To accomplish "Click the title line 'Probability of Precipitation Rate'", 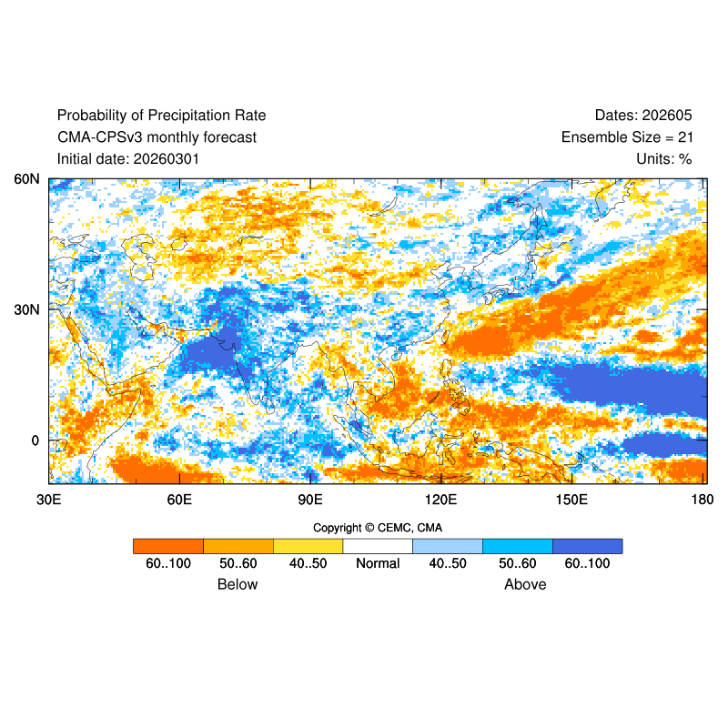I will click(161, 116).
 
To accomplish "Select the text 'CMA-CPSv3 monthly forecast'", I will click(157, 137).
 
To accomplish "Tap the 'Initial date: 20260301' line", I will click(128, 159).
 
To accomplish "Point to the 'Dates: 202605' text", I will click(643, 116).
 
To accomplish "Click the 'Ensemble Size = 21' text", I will click(626, 137).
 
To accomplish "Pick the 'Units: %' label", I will click(664, 159).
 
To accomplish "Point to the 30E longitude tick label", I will click(48, 500).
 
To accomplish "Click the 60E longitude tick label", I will click(179, 500).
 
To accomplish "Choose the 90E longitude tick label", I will click(310, 500).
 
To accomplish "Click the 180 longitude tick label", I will click(702, 500).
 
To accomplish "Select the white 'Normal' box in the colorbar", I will click(378, 546).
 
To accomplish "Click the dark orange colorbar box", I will click(167, 546).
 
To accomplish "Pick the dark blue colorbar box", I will click(587, 546).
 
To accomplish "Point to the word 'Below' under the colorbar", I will click(238, 584).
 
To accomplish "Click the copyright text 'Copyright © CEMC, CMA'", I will click(378, 528).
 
